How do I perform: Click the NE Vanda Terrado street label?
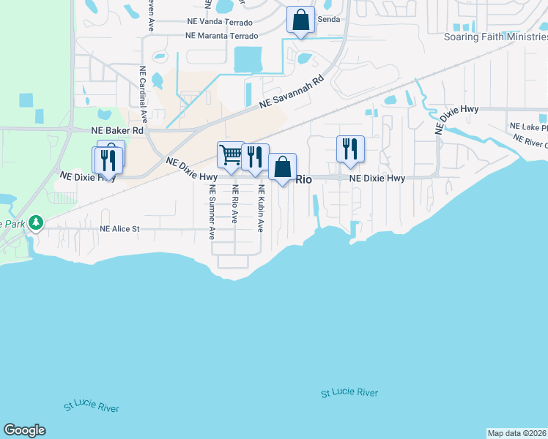click(221, 23)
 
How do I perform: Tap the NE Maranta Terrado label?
click(222, 35)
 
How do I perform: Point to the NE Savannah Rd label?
click(292, 94)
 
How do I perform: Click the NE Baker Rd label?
click(117, 130)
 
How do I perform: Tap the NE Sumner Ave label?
click(212, 212)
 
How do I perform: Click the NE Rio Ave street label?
click(235, 208)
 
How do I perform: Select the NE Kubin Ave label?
click(260, 208)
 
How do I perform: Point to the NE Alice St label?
click(119, 228)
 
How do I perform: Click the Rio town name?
click(304, 178)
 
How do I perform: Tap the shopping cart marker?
click(231, 154)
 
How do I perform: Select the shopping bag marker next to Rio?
click(282, 167)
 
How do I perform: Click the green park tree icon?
click(33, 222)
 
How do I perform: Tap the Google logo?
click(24, 430)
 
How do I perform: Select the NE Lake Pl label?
click(529, 127)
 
